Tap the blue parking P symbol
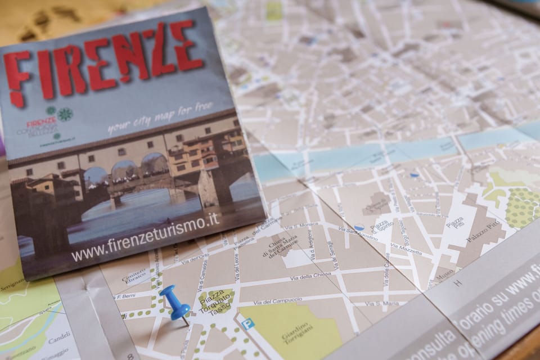click(246, 324)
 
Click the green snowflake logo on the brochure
click(65, 114)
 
